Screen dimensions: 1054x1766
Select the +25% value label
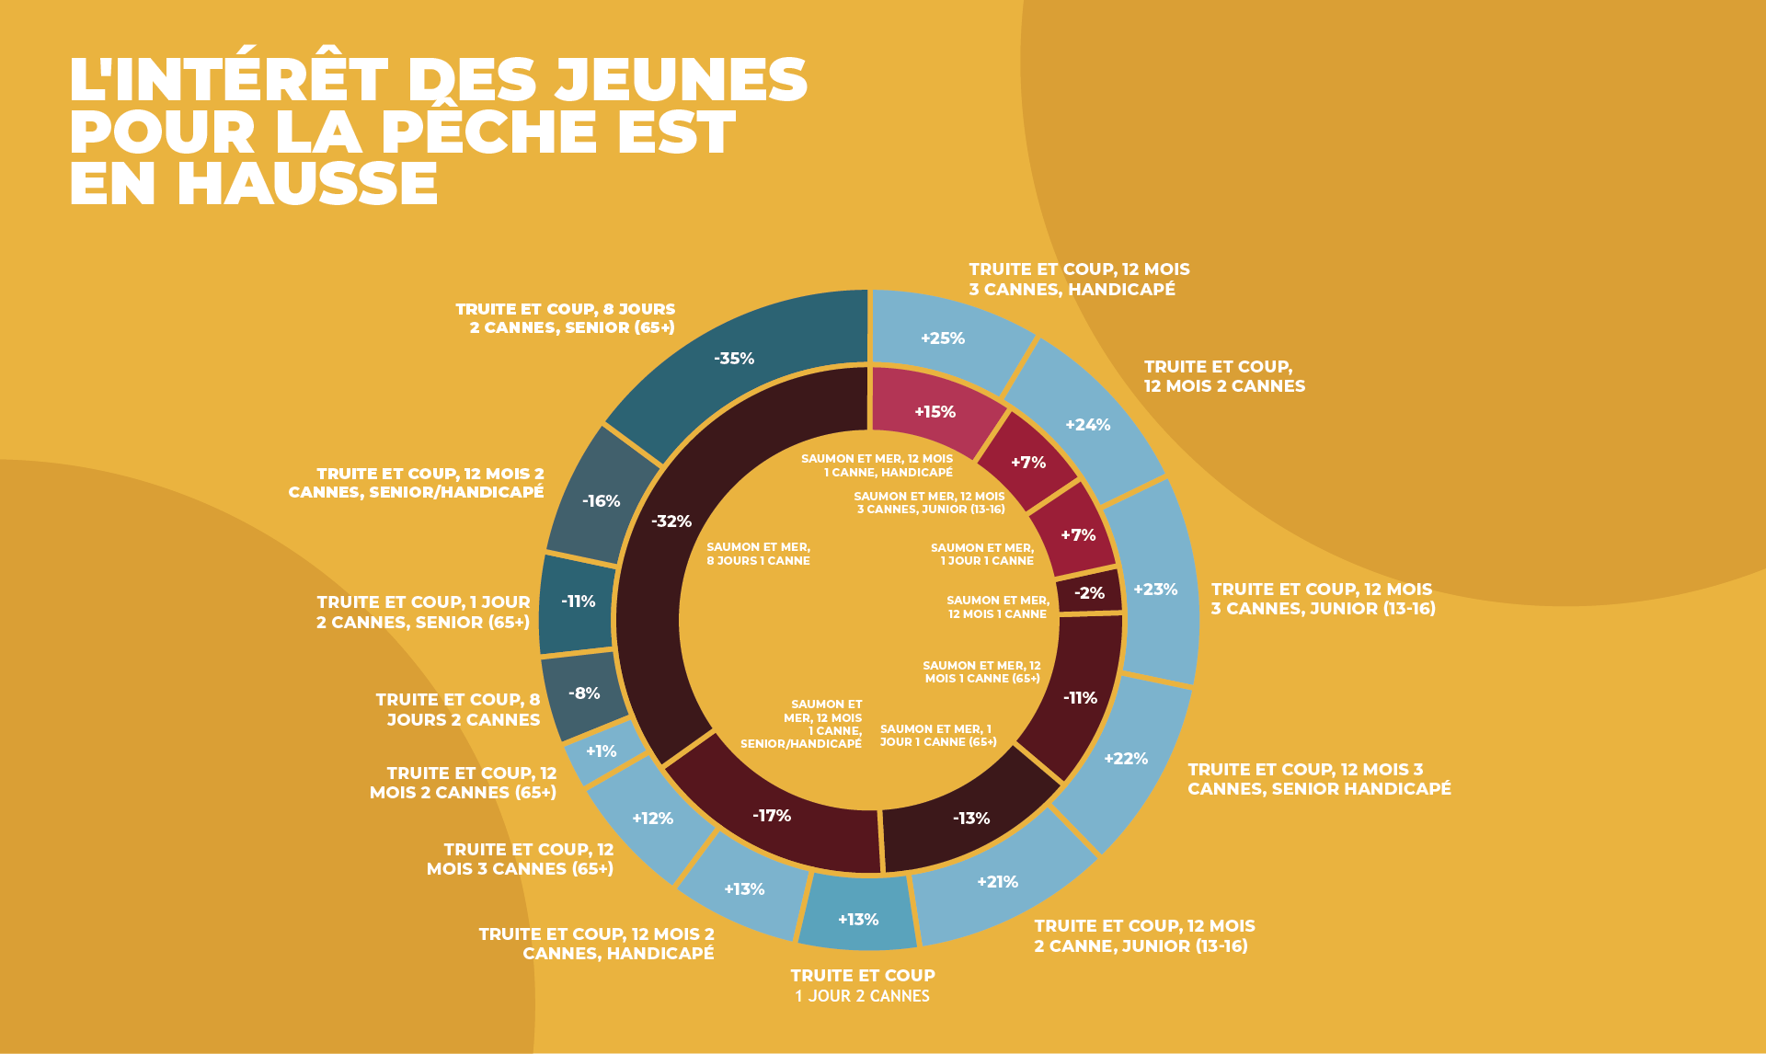pyautogui.click(x=943, y=338)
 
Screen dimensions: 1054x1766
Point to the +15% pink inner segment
pyautogui.click(x=935, y=411)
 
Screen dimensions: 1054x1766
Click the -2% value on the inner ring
pyautogui.click(x=1089, y=593)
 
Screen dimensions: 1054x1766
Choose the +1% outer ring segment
pyautogui.click(x=602, y=751)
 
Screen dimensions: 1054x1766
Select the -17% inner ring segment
pyautogui.click(x=773, y=816)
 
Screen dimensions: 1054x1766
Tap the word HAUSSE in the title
pyautogui.click(x=307, y=183)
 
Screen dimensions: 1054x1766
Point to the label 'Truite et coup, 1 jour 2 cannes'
pyautogui.click(x=862, y=986)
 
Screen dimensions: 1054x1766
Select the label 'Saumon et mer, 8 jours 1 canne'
pyautogui.click(x=758, y=554)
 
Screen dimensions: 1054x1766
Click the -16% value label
pyautogui.click(x=602, y=501)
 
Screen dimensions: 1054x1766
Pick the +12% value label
pyautogui.click(x=652, y=819)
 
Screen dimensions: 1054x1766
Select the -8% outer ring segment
pyautogui.click(x=585, y=693)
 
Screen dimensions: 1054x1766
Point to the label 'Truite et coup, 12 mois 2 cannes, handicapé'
pyautogui.click(x=596, y=944)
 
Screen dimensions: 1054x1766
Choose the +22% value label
pyautogui.click(x=1126, y=759)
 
